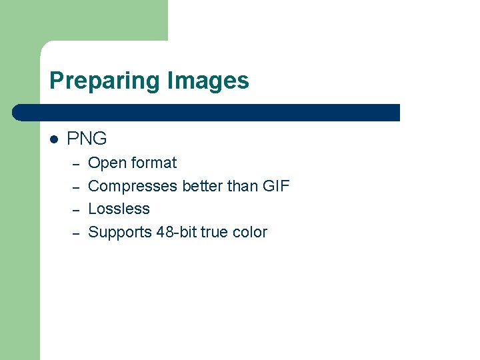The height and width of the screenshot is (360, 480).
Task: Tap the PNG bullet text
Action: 87,139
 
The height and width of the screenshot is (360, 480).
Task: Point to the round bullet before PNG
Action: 54,139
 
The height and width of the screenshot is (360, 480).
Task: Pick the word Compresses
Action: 132,186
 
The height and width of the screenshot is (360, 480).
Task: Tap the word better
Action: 202,186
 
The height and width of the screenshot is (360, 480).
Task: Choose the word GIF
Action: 277,186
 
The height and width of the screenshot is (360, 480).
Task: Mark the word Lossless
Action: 119,209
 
